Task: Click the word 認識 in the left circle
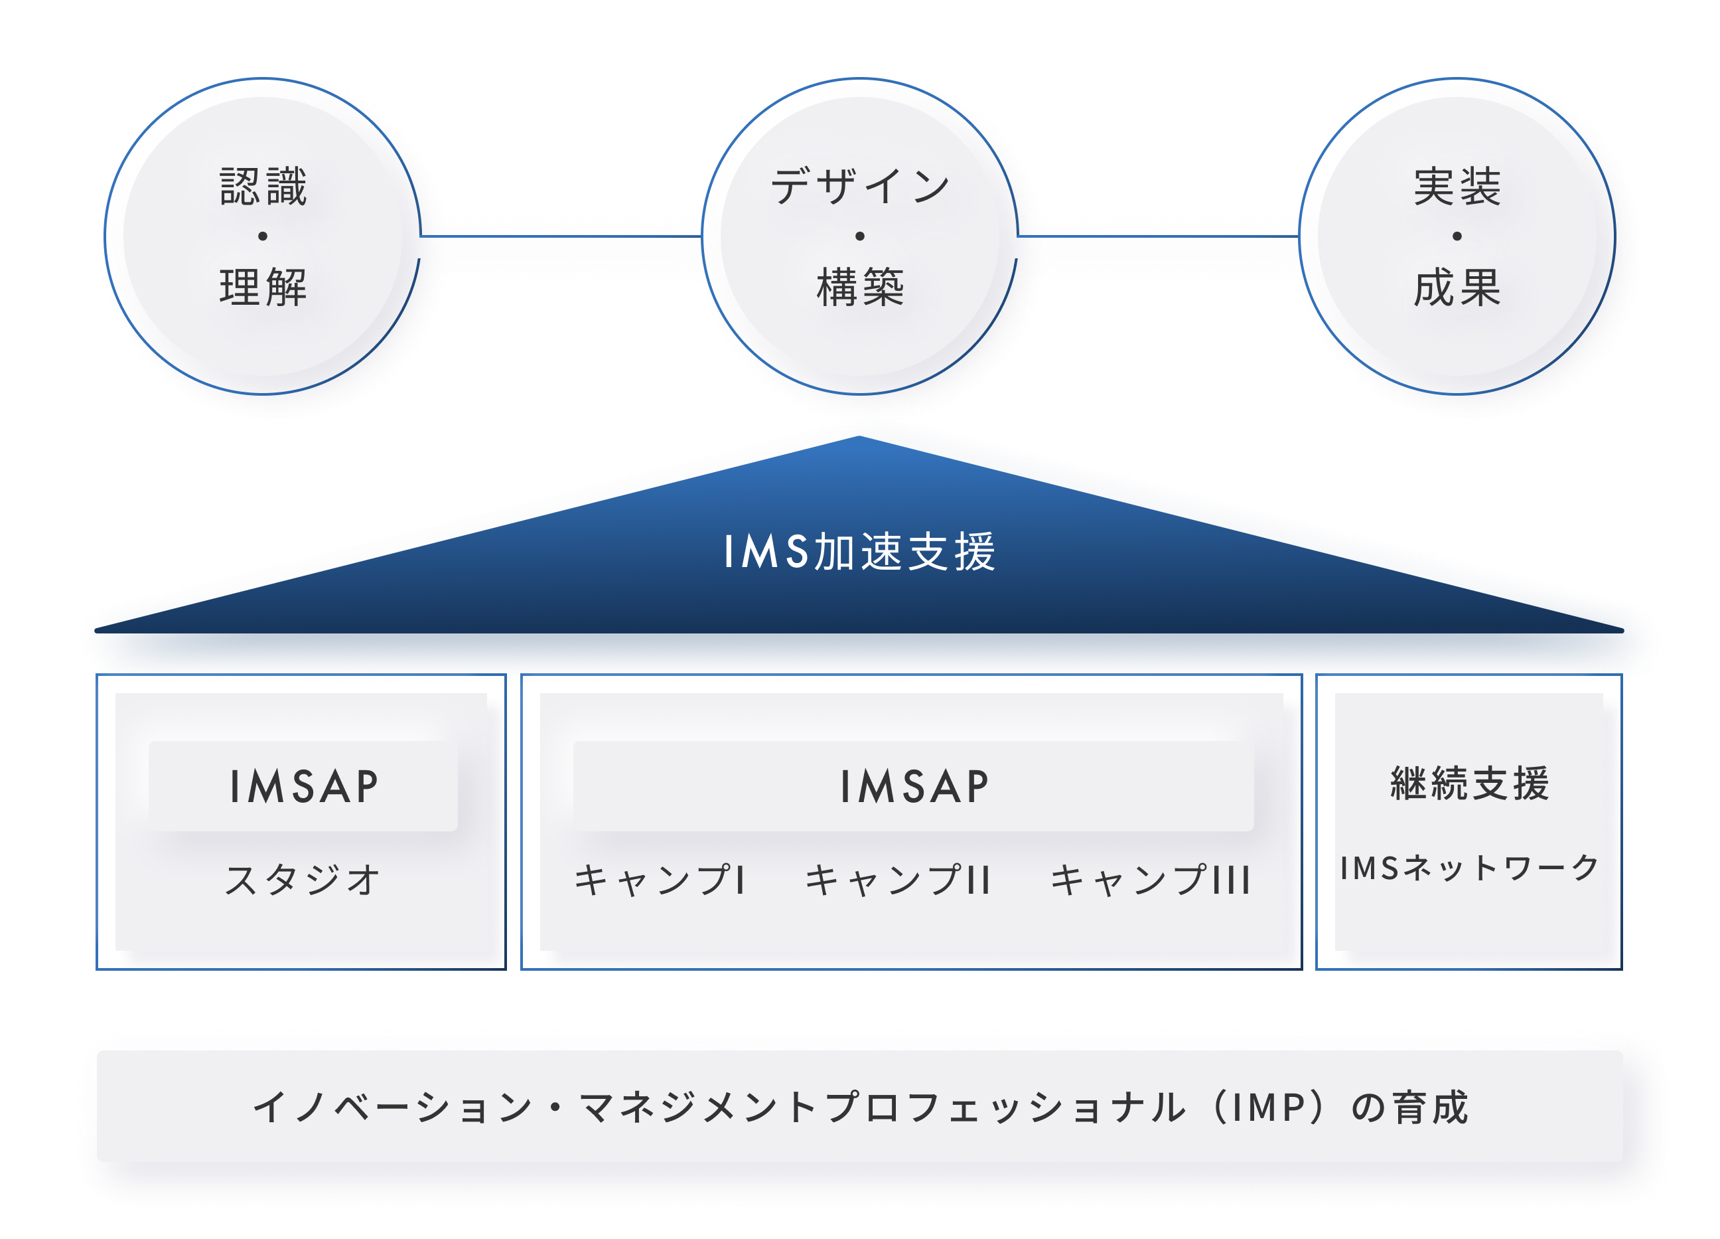point(263,187)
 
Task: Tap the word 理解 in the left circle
point(263,288)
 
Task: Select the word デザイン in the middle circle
point(860,187)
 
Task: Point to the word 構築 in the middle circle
point(860,288)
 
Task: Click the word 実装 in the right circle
point(1457,187)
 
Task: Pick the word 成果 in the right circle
point(1457,288)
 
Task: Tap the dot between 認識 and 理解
point(263,236)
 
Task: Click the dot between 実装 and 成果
point(1457,236)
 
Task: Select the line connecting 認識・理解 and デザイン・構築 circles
point(561,236)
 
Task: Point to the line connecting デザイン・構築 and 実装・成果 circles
point(1158,236)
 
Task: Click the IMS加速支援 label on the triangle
point(859,552)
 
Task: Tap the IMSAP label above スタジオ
point(303,786)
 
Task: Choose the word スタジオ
point(303,879)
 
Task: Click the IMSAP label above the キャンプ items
point(914,786)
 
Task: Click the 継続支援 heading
point(1469,783)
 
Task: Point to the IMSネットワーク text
point(1469,868)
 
